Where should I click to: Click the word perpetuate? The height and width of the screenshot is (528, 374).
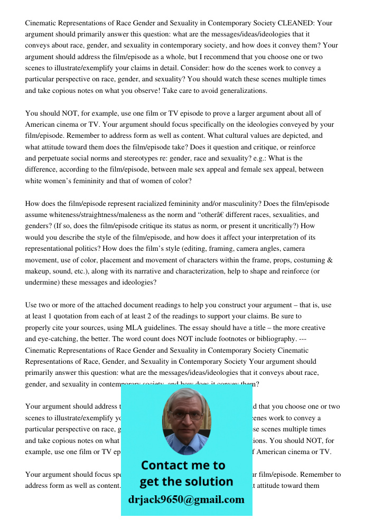(x=56, y=158)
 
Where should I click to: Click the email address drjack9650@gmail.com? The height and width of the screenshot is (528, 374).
(x=186, y=499)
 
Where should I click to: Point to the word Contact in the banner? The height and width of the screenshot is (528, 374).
(x=165, y=465)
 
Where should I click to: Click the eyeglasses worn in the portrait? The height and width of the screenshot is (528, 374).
(x=186, y=415)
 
